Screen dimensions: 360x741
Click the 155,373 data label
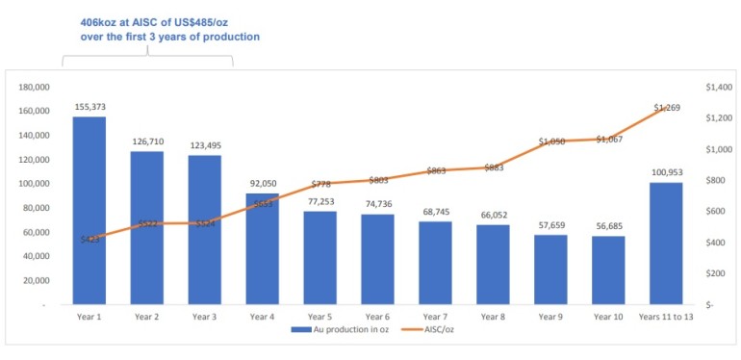point(89,107)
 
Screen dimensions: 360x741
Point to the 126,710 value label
point(147,141)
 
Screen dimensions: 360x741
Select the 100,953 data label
point(666,172)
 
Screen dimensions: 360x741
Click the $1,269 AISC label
point(666,108)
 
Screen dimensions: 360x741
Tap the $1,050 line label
point(550,141)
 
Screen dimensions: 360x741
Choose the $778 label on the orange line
point(320,184)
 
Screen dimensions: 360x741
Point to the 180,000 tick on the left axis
point(34,87)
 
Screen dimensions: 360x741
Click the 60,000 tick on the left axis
point(37,232)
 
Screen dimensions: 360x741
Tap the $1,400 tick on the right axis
point(719,87)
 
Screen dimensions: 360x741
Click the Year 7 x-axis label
point(435,315)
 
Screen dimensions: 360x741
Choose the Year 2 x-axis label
point(147,315)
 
